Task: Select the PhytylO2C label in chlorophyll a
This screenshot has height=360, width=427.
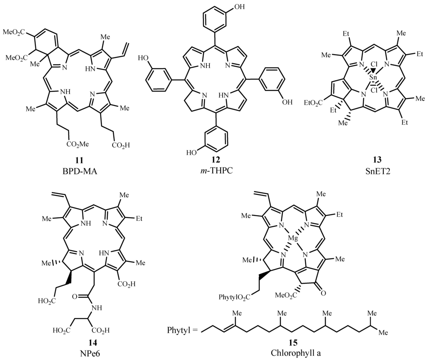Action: point(232,296)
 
